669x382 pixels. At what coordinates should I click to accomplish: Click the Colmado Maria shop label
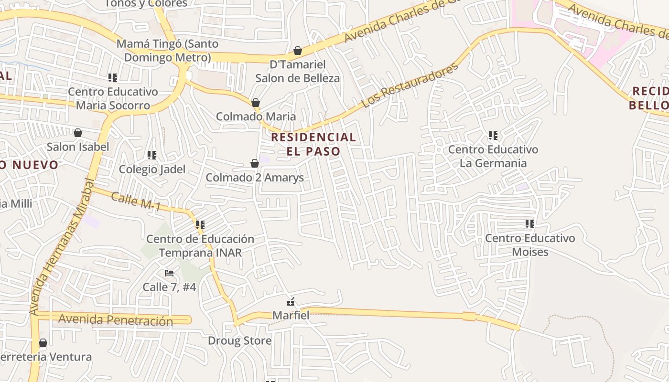pyautogui.click(x=256, y=117)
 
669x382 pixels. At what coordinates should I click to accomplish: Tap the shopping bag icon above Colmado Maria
pyautogui.click(x=256, y=103)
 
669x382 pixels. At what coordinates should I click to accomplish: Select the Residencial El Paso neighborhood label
pyautogui.click(x=313, y=144)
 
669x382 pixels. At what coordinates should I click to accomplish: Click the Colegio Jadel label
pyautogui.click(x=152, y=169)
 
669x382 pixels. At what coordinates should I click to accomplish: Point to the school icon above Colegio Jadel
pyautogui.click(x=152, y=155)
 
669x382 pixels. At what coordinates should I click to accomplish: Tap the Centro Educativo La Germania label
pyautogui.click(x=493, y=156)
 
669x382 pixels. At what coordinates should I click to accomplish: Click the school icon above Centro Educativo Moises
pyautogui.click(x=529, y=223)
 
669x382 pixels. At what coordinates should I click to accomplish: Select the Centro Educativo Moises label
pyautogui.click(x=530, y=244)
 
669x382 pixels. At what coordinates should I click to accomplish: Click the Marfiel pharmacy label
pyautogui.click(x=291, y=315)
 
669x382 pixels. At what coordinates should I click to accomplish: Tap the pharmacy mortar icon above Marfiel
pyautogui.click(x=291, y=302)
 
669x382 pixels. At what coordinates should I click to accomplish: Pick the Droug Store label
pyautogui.click(x=239, y=341)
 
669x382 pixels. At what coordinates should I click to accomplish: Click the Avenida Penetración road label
pyautogui.click(x=115, y=320)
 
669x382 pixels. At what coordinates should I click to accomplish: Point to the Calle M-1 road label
pyautogui.click(x=136, y=202)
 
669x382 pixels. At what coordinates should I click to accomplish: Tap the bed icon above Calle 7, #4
pyautogui.click(x=169, y=273)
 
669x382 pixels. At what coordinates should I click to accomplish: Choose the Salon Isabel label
pyautogui.click(x=78, y=147)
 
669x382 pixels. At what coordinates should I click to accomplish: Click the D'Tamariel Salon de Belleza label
pyautogui.click(x=297, y=71)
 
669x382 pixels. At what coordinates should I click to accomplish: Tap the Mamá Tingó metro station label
pyautogui.click(x=167, y=51)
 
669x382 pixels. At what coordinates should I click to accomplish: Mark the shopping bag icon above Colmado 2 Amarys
pyautogui.click(x=255, y=164)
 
